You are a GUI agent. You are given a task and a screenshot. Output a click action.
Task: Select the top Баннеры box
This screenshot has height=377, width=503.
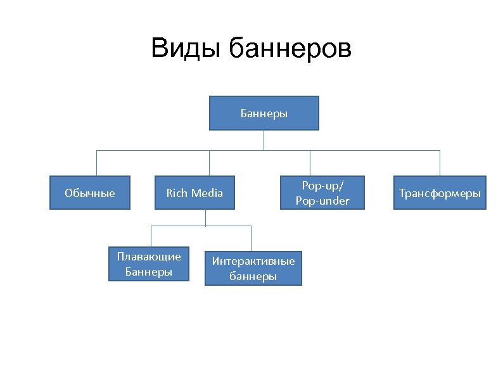click(x=264, y=113)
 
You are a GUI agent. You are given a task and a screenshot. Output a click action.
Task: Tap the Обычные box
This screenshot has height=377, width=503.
click(x=90, y=193)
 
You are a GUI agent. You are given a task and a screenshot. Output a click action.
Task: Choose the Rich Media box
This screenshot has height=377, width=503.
click(x=194, y=193)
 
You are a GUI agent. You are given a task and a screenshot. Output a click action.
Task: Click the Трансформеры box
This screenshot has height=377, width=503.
click(x=440, y=193)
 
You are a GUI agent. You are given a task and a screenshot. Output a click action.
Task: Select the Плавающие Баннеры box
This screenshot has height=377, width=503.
click(x=149, y=264)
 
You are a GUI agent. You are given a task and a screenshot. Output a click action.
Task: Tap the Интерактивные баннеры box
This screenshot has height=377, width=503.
click(x=253, y=268)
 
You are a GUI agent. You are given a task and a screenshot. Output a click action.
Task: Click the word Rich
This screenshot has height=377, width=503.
click(x=176, y=193)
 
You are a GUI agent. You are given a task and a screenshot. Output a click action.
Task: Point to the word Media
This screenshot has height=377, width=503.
click(x=207, y=193)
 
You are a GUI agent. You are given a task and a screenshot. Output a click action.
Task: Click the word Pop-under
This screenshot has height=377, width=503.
click(x=322, y=201)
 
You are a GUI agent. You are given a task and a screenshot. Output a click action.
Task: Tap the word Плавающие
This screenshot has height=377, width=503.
click(x=149, y=257)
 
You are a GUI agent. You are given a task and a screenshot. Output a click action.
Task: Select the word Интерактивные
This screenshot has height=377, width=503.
click(x=253, y=261)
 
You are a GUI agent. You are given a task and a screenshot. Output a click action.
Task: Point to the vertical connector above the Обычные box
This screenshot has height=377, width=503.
click(x=96, y=163)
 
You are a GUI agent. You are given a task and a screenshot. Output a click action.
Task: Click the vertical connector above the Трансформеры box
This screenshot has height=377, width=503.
click(x=439, y=163)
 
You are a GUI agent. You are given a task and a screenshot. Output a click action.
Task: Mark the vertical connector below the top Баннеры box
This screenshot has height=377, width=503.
click(x=264, y=140)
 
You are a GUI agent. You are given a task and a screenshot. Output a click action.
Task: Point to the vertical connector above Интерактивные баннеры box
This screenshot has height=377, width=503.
click(x=251, y=238)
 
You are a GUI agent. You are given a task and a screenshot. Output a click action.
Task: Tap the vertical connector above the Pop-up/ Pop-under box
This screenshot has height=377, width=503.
click(x=310, y=163)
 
